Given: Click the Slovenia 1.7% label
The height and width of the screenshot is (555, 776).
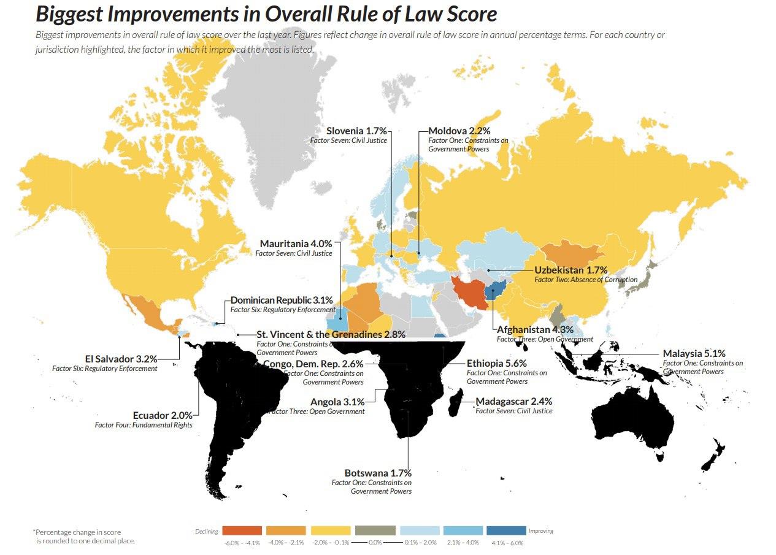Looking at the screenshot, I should [356, 131].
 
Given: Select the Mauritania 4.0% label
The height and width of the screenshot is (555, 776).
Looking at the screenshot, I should [296, 243].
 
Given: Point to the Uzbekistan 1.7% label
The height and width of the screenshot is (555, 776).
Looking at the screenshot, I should [570, 270].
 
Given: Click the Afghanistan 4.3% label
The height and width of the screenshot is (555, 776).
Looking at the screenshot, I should [535, 330].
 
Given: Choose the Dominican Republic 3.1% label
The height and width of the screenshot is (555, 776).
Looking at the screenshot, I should [282, 300].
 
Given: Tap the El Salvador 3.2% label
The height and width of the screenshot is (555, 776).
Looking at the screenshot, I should [121, 359].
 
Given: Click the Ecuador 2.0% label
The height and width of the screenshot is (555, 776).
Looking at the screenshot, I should [163, 415].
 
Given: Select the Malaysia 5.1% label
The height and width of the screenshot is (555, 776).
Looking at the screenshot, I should [694, 354].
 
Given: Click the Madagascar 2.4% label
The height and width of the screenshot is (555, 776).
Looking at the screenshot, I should [514, 402].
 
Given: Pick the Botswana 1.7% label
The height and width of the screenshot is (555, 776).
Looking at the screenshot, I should [378, 473].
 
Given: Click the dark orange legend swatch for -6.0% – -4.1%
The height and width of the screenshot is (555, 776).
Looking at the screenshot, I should [242, 530].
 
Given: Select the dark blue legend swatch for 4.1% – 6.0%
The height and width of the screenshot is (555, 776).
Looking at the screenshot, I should [506, 530].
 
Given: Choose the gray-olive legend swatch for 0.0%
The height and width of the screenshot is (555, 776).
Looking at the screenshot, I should [374, 530].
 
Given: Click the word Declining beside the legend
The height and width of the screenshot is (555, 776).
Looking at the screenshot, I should [207, 531].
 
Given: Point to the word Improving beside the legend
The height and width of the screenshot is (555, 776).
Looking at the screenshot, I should [541, 531].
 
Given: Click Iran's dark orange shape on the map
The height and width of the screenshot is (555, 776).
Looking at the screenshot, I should [469, 292].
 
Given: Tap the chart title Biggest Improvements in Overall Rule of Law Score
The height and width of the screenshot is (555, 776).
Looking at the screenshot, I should [266, 14].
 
